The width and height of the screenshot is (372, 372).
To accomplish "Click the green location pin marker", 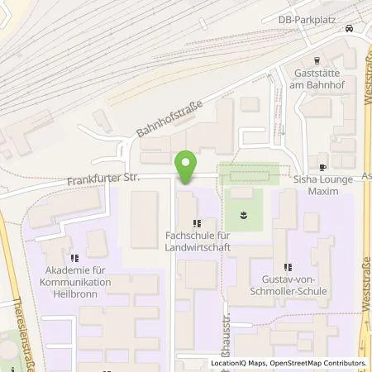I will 186,168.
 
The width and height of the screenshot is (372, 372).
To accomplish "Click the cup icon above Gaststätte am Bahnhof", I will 317,60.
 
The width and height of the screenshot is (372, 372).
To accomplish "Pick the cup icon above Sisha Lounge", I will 322,161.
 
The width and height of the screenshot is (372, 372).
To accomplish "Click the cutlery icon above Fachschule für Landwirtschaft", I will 196,222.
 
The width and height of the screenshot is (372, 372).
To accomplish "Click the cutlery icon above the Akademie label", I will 74,259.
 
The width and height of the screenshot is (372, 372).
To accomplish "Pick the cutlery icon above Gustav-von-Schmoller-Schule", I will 288,267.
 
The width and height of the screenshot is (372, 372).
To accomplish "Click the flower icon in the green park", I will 243,214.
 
